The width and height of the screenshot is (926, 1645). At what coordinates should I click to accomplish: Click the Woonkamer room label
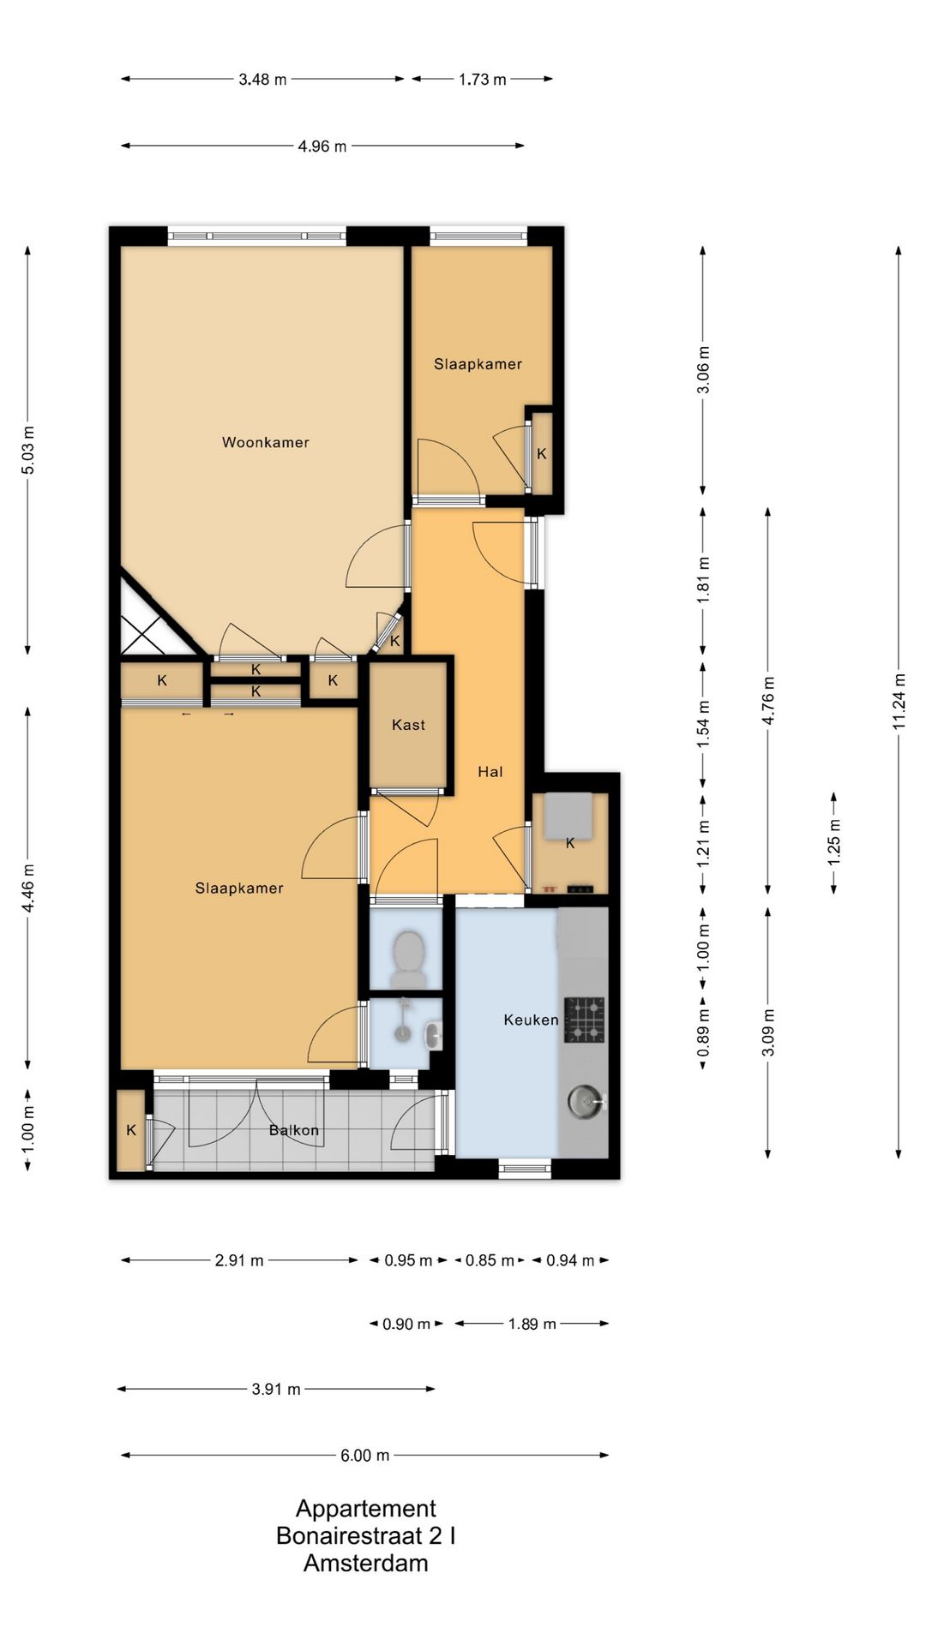point(266,442)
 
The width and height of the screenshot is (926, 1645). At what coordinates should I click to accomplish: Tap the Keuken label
point(531,1020)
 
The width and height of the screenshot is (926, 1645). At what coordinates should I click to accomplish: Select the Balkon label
point(294,1130)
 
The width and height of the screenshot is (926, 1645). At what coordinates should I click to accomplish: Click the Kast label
point(408,725)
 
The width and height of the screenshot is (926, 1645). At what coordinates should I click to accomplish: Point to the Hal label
point(490,772)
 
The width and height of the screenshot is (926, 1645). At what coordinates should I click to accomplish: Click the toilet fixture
point(407,959)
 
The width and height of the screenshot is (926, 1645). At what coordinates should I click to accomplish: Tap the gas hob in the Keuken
point(585,1020)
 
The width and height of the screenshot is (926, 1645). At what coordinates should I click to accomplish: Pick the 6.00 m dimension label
point(365,1455)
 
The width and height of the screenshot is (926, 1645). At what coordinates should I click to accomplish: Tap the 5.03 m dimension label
point(28,450)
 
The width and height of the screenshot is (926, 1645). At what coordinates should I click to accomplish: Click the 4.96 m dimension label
point(322,147)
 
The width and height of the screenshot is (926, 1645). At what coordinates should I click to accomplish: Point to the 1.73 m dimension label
point(482,80)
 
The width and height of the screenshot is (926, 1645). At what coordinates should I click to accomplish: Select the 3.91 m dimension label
point(276,1389)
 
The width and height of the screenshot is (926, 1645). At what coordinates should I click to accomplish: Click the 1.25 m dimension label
point(833,843)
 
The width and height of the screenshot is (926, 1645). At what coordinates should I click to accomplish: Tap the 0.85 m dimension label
point(490,1260)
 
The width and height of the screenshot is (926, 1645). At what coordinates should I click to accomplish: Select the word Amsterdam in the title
point(366,1563)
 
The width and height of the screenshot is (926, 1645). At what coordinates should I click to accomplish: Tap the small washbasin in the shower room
point(434,1035)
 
